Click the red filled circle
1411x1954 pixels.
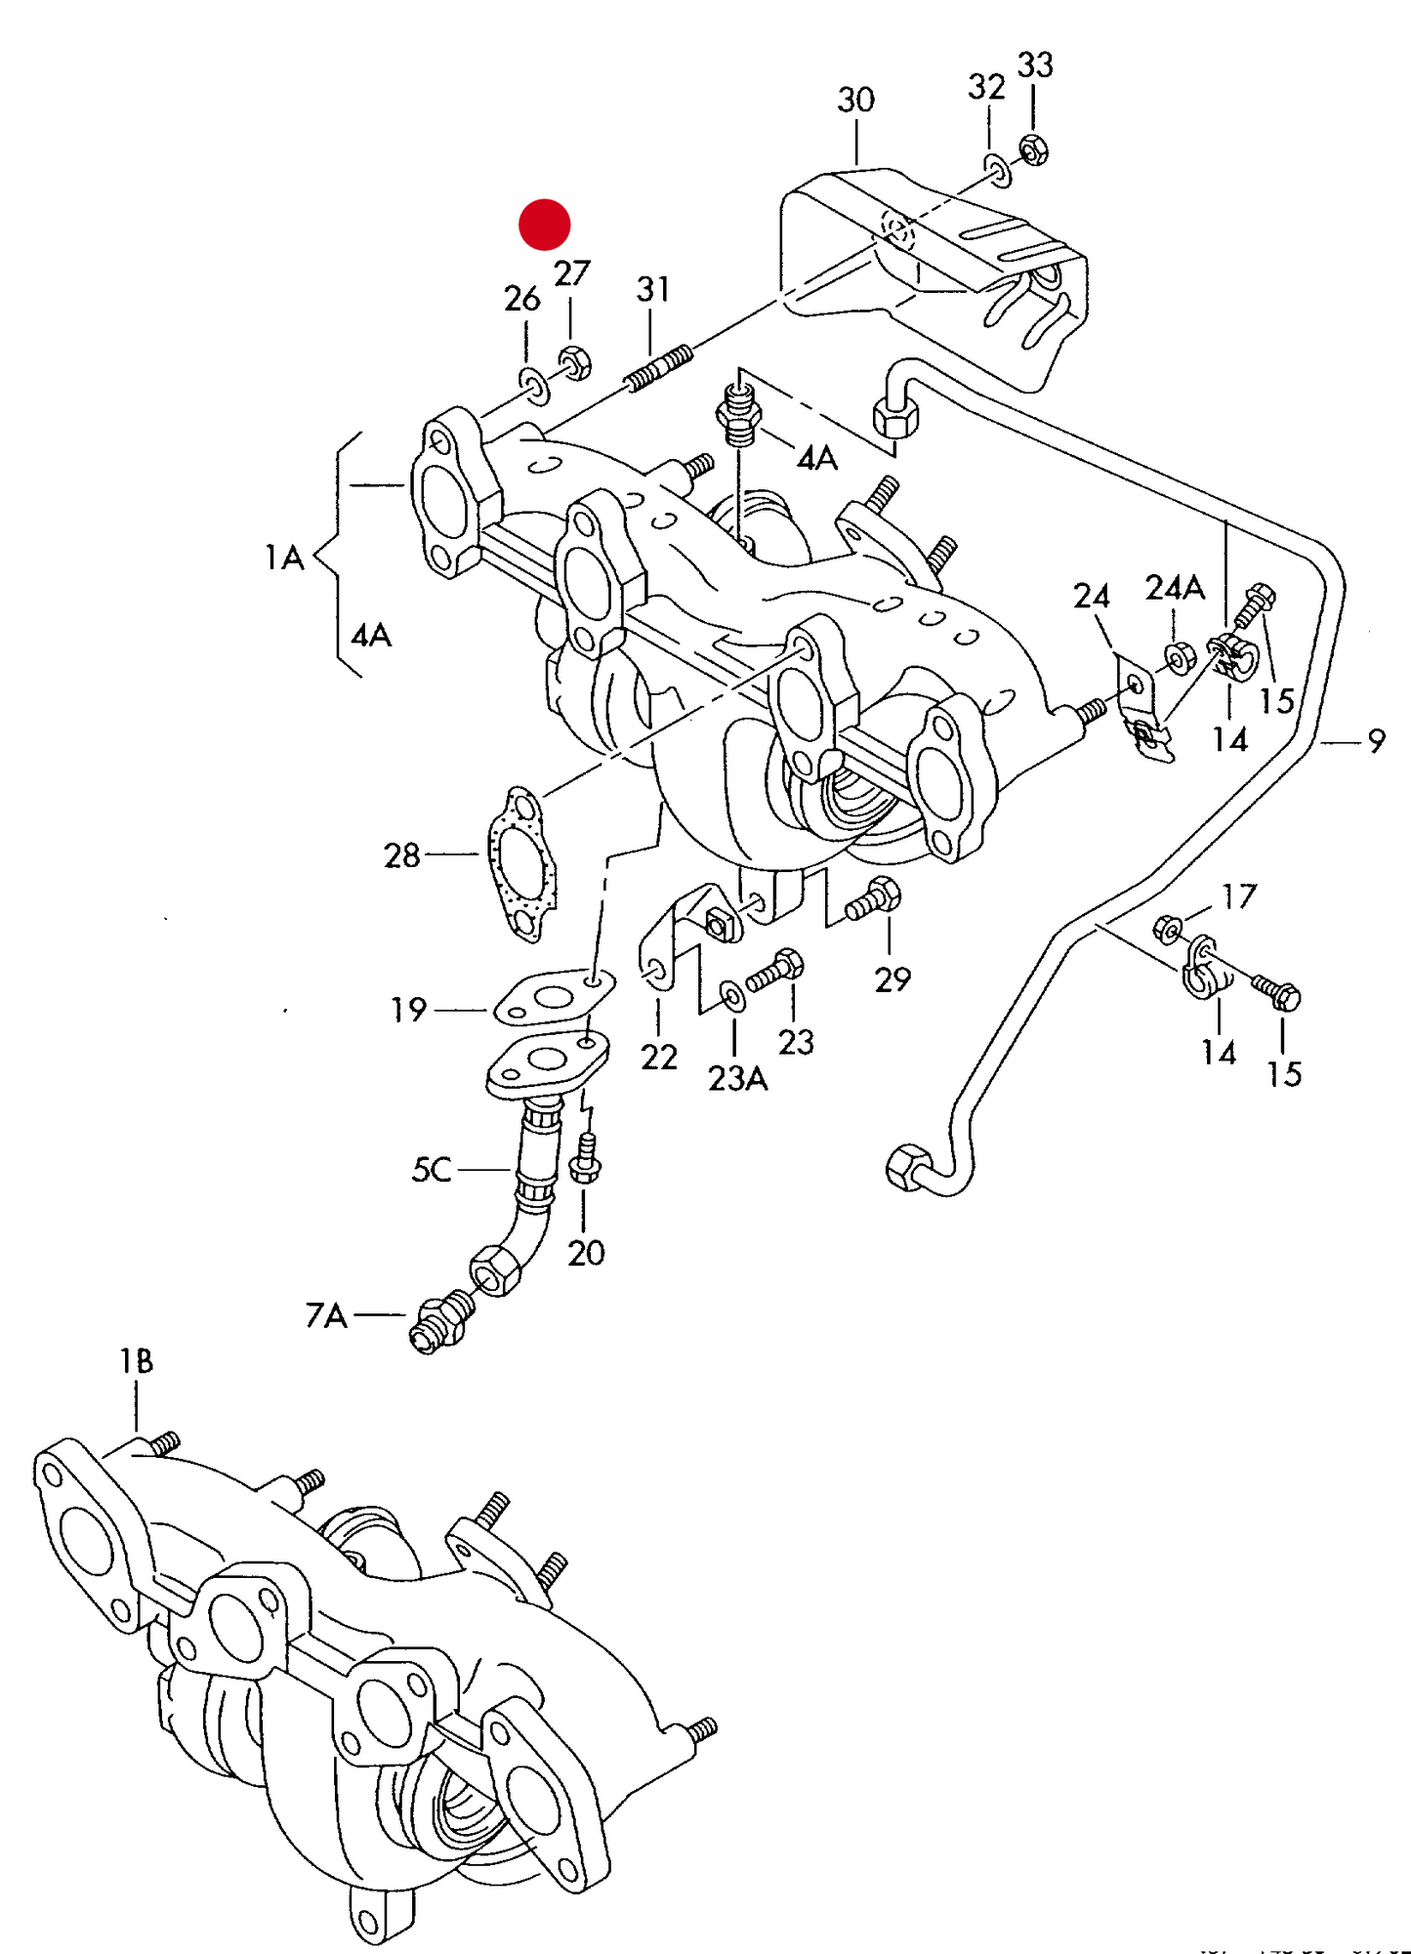(x=544, y=225)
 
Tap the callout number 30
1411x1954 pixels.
(x=855, y=100)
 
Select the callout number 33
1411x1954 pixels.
(x=1035, y=65)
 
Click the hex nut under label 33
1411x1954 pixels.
(x=1034, y=150)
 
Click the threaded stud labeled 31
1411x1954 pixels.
(x=659, y=367)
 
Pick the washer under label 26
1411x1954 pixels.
(x=533, y=385)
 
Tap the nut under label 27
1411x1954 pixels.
(x=574, y=362)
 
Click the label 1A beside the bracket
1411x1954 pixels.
(x=284, y=558)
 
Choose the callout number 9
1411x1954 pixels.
(x=1376, y=742)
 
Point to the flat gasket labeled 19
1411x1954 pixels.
(x=553, y=998)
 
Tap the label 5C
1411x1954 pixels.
(x=431, y=1169)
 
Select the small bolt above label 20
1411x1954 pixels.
(x=585, y=1159)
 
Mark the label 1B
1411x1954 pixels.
(x=136, y=1361)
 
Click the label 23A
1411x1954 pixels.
(x=737, y=1078)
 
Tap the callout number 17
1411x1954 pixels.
(x=1239, y=896)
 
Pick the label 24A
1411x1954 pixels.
(x=1175, y=588)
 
